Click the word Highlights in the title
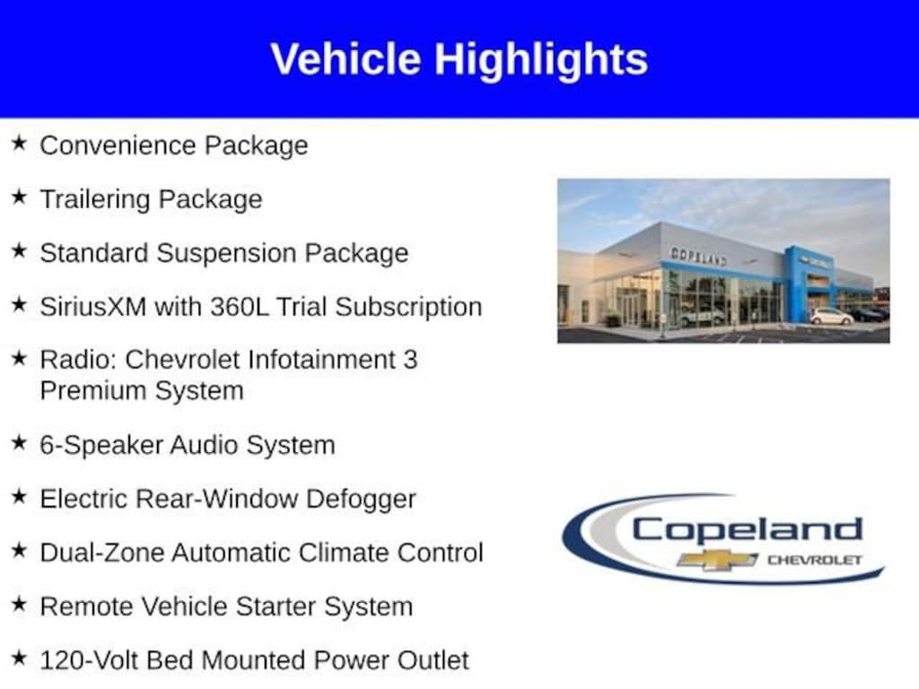[540, 60]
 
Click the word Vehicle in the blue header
[346, 58]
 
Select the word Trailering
[95, 199]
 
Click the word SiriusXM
[92, 307]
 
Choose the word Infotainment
[321, 360]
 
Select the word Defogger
[361, 500]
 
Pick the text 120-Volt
[89, 660]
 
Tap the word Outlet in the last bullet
[433, 660]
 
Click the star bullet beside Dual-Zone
[20, 550]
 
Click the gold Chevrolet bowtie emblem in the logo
[717, 560]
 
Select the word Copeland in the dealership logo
[748, 529]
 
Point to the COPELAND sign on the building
[698, 256]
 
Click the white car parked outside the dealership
[831, 317]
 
